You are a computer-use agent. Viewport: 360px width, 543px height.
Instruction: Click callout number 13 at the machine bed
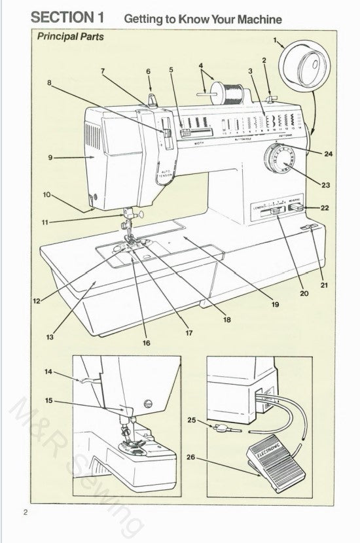[x=50, y=338]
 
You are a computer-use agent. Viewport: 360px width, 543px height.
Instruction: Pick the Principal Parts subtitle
[x=70, y=37]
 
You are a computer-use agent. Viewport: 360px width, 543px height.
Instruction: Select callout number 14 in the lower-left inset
[x=49, y=371]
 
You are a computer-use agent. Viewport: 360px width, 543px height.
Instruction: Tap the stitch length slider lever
[x=276, y=211]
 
